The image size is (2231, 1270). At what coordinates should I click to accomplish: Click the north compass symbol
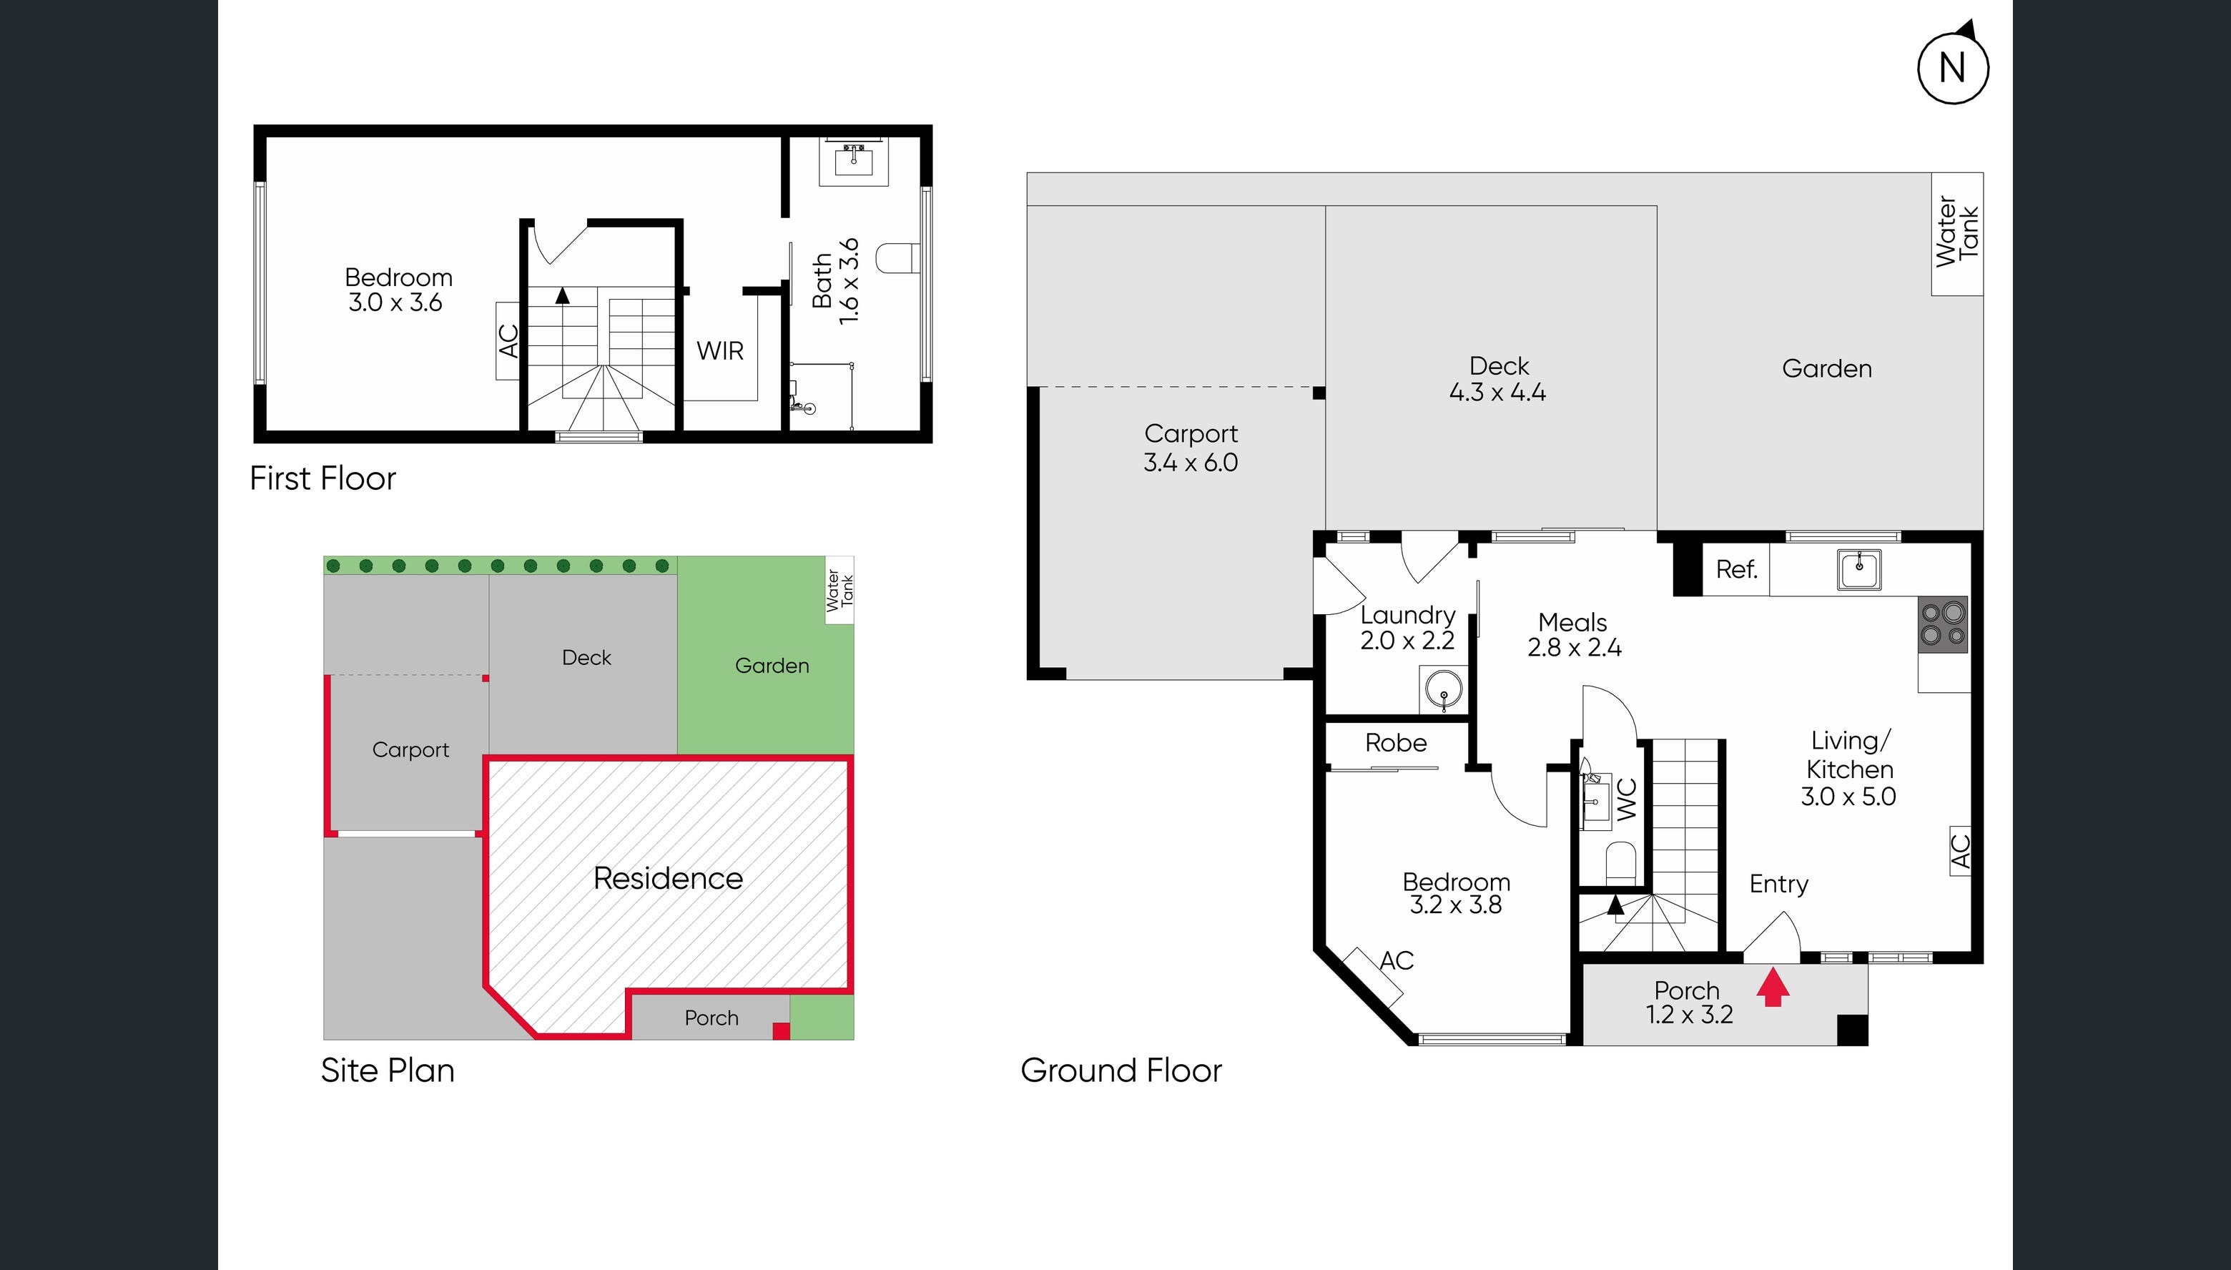click(1952, 67)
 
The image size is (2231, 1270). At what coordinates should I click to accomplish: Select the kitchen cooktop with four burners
click(1942, 624)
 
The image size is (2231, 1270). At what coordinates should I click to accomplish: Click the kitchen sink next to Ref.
click(1858, 571)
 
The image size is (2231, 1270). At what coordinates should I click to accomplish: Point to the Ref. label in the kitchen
click(1735, 571)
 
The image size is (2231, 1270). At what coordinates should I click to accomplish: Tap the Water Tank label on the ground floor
click(1956, 232)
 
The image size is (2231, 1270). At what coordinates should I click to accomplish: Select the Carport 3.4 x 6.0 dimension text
click(1191, 448)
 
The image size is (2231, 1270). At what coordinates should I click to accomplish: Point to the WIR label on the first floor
click(719, 350)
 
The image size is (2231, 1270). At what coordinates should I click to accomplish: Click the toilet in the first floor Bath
click(894, 259)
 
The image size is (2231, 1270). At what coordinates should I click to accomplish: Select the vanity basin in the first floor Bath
click(853, 160)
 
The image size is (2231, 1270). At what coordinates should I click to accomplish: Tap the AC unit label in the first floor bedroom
click(508, 340)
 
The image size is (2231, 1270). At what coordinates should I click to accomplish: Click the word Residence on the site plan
click(668, 877)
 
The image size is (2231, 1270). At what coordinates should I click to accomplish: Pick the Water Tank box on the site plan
click(839, 591)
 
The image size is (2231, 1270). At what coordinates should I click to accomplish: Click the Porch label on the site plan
click(711, 1018)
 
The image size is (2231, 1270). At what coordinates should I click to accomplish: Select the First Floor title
click(322, 478)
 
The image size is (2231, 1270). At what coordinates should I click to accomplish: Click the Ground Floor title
click(1121, 1070)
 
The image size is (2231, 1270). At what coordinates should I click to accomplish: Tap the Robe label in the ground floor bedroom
click(1396, 743)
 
